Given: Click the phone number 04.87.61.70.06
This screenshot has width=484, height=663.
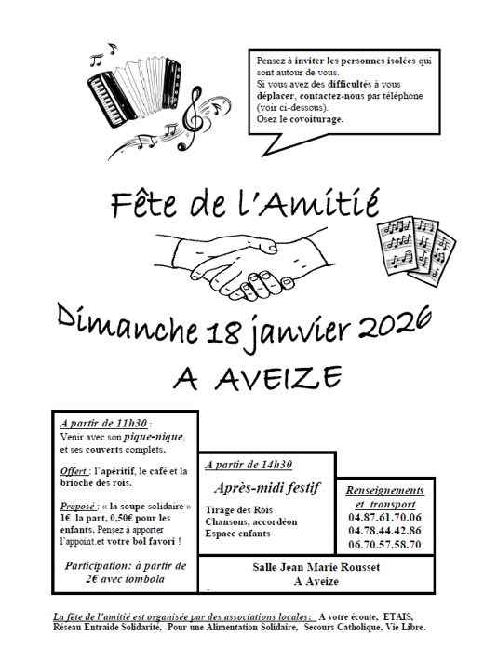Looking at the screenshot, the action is [x=384, y=518].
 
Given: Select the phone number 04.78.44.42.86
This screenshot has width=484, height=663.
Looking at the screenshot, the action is [x=384, y=531].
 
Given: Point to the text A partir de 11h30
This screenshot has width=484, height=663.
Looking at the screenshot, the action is [x=100, y=424].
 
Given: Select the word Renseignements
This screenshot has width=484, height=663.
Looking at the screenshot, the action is [x=384, y=490].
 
